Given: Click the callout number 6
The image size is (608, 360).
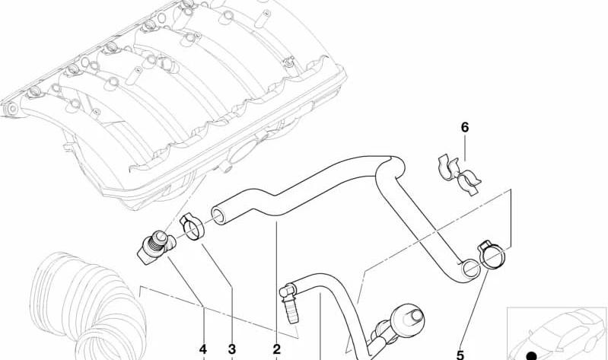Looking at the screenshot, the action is pos(464,127).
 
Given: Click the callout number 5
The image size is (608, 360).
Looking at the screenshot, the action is pos(460,355).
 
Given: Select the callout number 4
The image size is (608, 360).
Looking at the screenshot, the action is pos(203,349).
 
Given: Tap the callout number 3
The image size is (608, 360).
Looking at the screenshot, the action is pos(232,349).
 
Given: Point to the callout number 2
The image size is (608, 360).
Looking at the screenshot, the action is pos(276,349).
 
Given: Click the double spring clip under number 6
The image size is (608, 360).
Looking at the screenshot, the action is pos(459,174).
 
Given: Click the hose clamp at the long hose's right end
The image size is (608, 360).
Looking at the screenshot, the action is pos(492,254).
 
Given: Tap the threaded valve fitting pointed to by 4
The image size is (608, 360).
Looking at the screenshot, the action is pos(156,247).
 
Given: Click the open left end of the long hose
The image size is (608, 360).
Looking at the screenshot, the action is pos(218,215).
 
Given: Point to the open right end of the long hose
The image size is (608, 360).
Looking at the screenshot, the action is pos(471,269).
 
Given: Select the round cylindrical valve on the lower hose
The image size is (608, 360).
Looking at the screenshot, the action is pos(407,320).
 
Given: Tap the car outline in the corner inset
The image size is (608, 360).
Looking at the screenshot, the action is pos(557,334).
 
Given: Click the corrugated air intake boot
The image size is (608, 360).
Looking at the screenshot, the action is pos(88,307).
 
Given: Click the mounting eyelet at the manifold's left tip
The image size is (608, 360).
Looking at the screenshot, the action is pos(12,108).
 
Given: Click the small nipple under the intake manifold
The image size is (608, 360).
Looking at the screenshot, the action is pos(225,168).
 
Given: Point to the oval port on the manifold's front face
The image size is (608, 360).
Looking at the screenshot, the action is pos(243,151).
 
